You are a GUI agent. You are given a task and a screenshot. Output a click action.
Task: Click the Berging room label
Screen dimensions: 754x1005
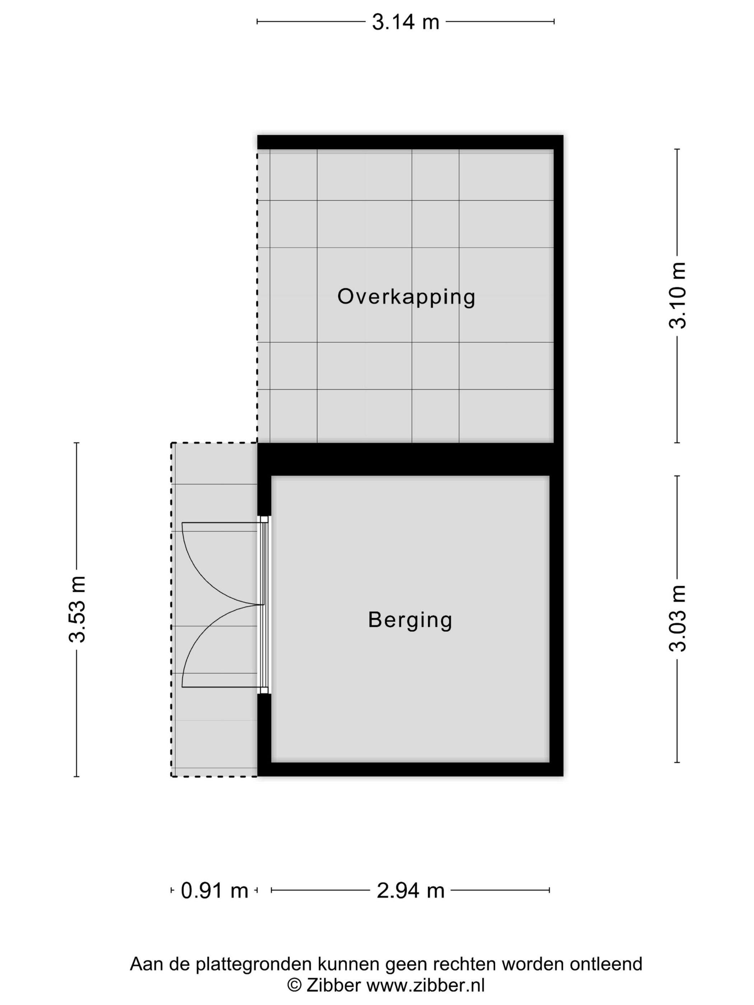point(410,620)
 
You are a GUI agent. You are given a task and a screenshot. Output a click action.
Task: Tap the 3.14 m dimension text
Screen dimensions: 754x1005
point(405,22)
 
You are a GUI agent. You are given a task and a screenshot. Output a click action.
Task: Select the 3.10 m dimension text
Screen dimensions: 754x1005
point(677,295)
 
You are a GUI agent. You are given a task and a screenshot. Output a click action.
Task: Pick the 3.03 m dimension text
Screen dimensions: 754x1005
point(677,619)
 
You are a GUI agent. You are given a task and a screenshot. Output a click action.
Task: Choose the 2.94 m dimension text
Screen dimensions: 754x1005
point(410,890)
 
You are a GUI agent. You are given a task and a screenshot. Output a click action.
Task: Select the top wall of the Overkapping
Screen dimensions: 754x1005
point(410,142)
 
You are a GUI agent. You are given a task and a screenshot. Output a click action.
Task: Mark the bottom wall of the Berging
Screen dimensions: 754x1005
point(410,770)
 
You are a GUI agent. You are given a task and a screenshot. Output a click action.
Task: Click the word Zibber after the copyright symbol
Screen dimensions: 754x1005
point(334,986)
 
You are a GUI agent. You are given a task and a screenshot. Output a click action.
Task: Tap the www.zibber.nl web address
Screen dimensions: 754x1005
point(425,986)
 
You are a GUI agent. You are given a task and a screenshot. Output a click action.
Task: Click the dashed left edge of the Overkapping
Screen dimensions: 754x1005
point(257,296)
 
